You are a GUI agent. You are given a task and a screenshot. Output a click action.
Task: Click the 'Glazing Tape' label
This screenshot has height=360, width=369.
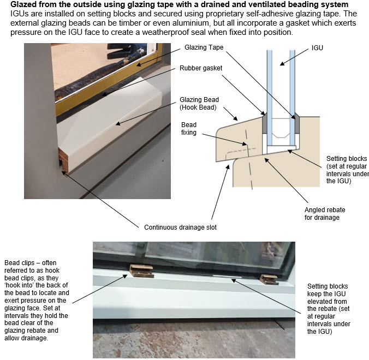tap(204, 48)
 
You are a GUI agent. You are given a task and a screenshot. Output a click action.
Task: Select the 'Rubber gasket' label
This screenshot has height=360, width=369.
tap(200, 68)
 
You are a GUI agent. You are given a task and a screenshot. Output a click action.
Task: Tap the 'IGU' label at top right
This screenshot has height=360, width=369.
tap(317, 48)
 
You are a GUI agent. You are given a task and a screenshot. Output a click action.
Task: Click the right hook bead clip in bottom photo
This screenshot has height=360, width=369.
tap(267, 279)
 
